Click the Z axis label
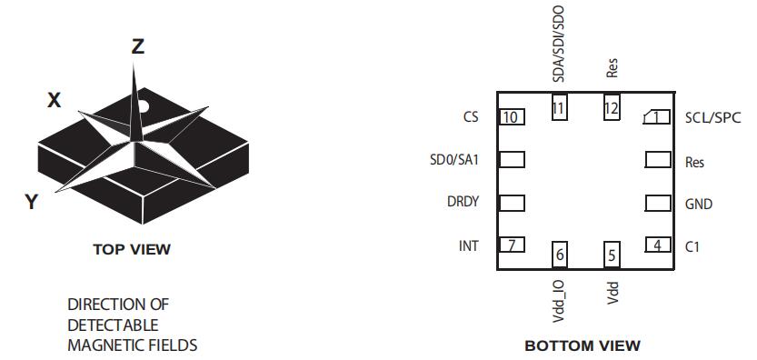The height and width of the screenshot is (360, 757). [x=137, y=46]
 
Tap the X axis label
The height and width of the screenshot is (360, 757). [x=55, y=101]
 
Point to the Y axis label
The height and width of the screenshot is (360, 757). [x=32, y=202]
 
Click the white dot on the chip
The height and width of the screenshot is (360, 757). [x=144, y=105]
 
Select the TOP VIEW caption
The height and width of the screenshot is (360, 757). [x=132, y=249]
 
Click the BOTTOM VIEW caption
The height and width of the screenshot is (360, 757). [x=583, y=346]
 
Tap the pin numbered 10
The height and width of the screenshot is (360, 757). [x=512, y=117]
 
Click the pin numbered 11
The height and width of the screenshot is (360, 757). [x=559, y=106]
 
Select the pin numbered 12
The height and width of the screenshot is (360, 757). [x=612, y=106]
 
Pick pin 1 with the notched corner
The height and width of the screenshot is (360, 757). [x=657, y=117]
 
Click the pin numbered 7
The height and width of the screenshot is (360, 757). [x=512, y=245]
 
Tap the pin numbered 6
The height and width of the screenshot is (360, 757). [x=560, y=255]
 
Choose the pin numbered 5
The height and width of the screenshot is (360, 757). [x=612, y=255]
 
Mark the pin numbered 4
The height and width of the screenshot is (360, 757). [x=658, y=245]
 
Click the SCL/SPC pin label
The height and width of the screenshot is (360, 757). [x=713, y=117]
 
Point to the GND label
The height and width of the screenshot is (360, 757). [x=699, y=204]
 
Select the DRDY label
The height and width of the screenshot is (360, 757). [x=463, y=202]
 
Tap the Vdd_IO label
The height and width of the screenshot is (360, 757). [x=560, y=301]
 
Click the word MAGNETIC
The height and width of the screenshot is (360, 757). [x=99, y=345]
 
